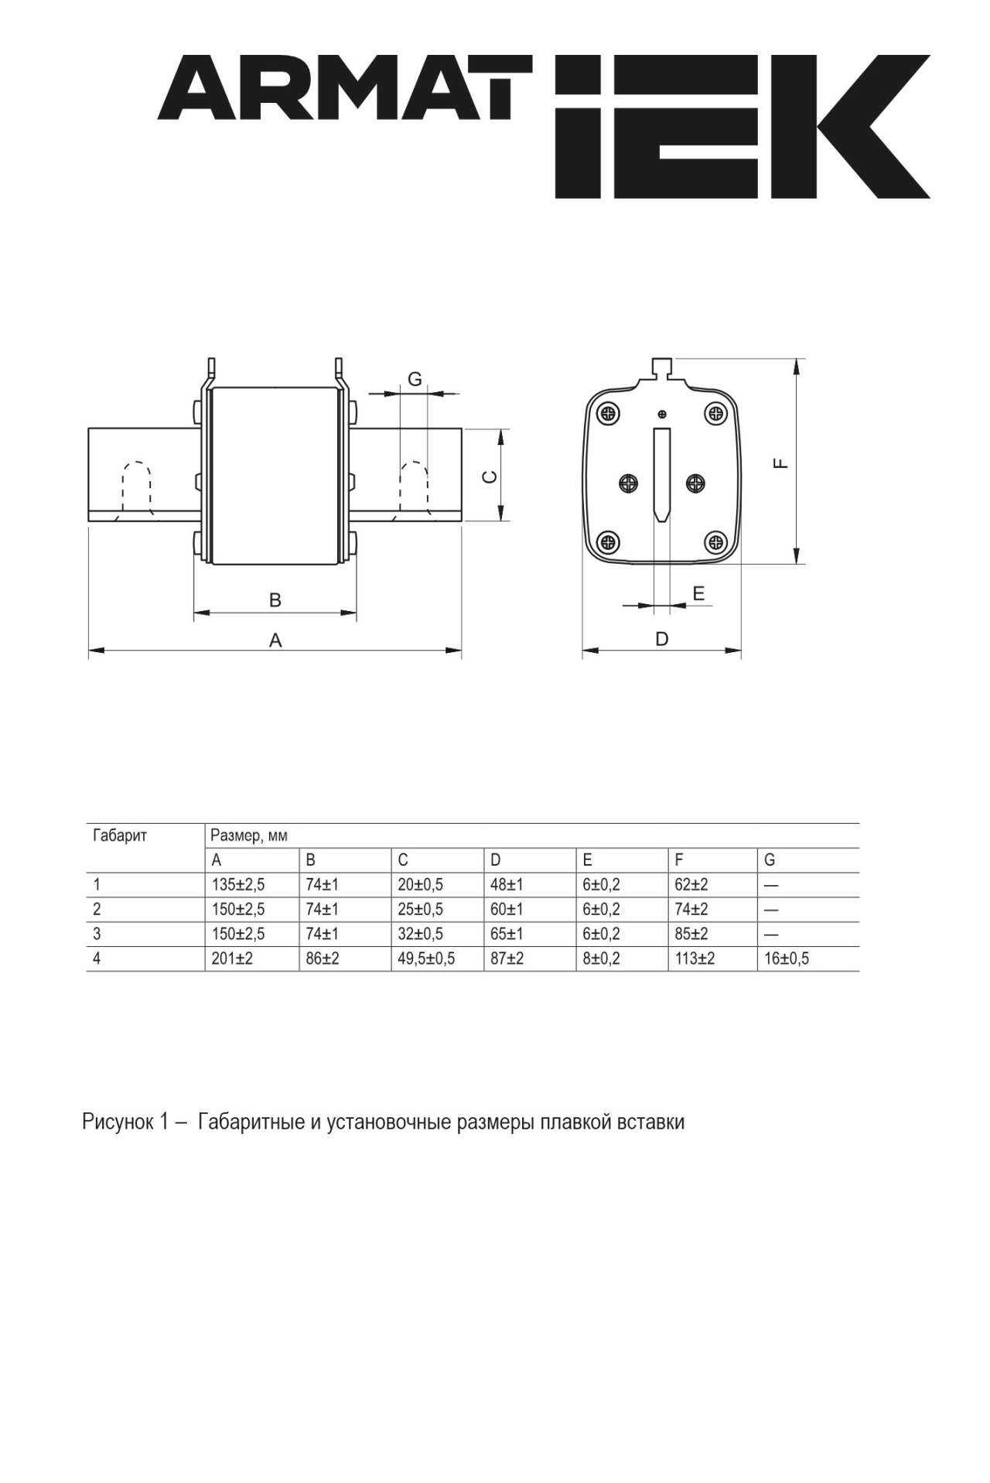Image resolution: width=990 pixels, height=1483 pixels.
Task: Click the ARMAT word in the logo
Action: point(336,87)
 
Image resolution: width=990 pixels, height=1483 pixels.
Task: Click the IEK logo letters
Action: point(742,126)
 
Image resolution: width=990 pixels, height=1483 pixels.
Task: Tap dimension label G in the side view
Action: point(415,379)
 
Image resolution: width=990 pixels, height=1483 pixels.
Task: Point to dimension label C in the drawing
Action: point(490,477)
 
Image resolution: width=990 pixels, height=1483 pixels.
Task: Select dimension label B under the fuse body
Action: point(275,600)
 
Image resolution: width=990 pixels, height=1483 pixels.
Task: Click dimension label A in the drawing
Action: point(275,640)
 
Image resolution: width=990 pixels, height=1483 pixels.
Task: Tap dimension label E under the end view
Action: point(698,593)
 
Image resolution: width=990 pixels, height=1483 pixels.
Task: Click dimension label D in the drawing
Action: point(662,639)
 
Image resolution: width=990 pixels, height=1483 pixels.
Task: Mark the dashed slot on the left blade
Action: point(136,488)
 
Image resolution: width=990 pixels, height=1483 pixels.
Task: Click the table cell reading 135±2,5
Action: point(238,884)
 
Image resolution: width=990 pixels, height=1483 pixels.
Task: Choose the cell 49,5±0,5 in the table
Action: point(426,958)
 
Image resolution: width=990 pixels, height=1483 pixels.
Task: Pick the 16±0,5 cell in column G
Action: point(787,958)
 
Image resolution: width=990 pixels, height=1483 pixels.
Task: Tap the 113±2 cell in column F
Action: point(695,958)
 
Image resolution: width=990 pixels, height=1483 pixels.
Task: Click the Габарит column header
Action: point(120,835)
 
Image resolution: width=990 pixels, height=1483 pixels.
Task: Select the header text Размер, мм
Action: point(249,835)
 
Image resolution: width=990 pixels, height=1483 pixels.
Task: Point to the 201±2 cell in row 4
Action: point(232,958)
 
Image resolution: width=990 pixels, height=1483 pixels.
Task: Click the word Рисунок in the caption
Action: point(118,1122)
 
